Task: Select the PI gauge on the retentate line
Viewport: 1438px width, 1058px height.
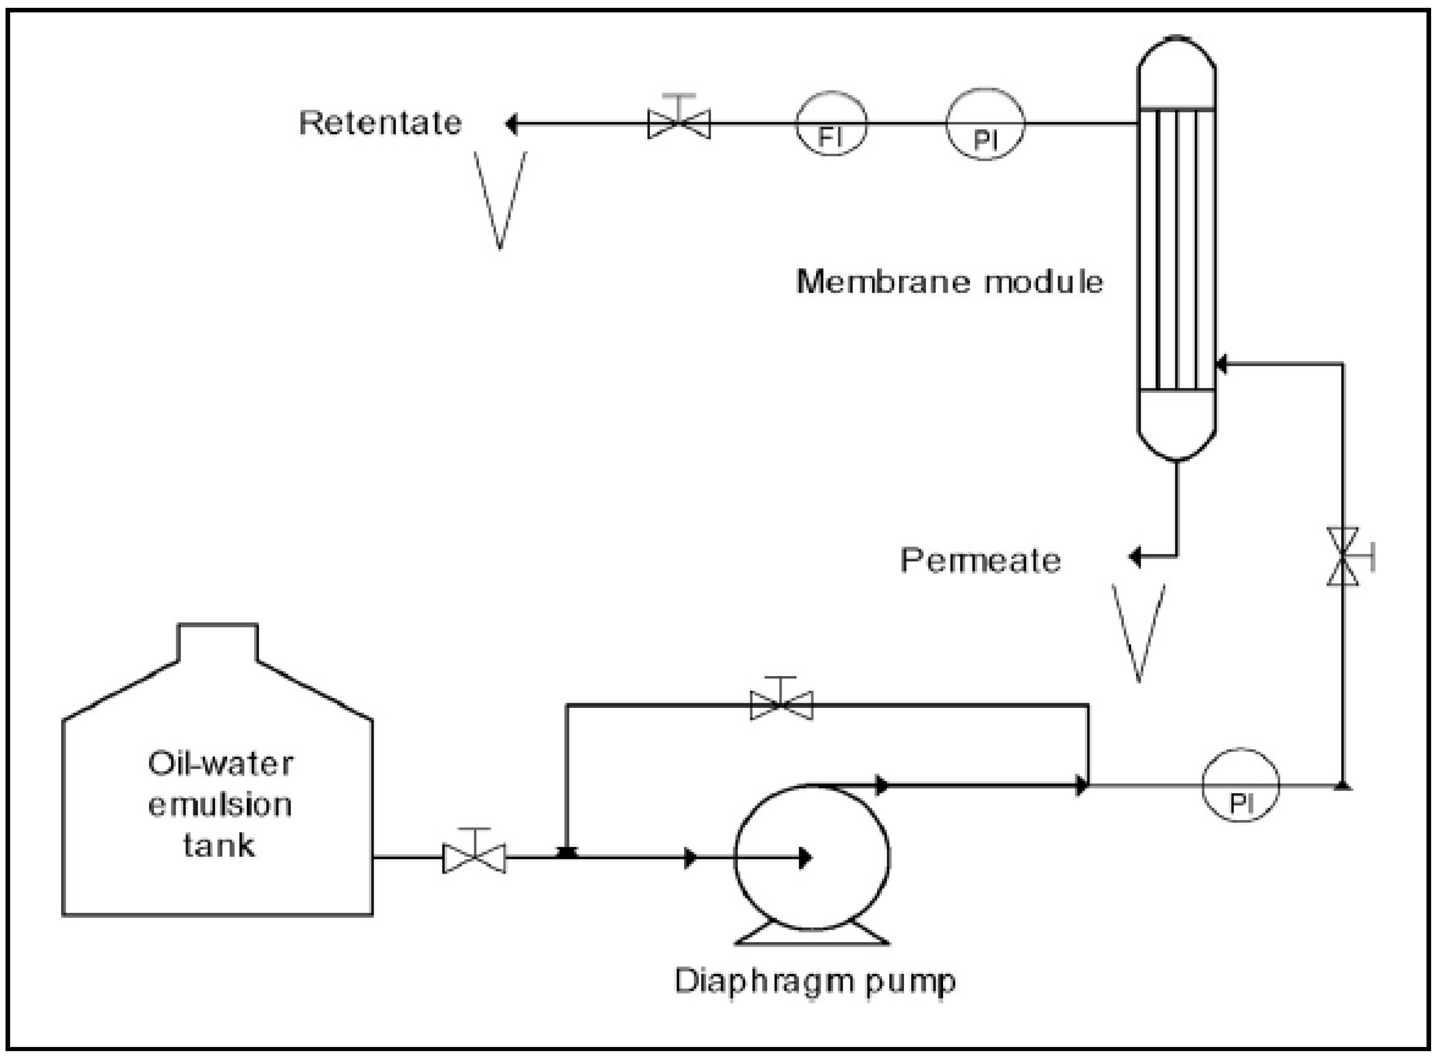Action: click(x=985, y=124)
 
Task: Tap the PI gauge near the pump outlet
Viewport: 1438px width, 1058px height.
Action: click(x=1240, y=785)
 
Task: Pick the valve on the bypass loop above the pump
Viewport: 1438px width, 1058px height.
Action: click(x=781, y=705)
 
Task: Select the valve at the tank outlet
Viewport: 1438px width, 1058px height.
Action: click(x=474, y=858)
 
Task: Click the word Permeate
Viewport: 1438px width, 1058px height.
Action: click(x=980, y=560)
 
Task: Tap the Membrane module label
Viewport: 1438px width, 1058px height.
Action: click(x=949, y=282)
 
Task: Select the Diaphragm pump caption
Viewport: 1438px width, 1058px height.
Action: click(x=815, y=980)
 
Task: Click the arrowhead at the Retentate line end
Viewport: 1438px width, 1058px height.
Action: click(x=511, y=124)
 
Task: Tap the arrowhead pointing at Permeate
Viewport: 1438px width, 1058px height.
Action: click(x=1135, y=557)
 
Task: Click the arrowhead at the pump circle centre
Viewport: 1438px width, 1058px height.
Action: click(x=805, y=858)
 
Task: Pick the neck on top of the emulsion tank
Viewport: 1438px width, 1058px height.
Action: click(x=218, y=642)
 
